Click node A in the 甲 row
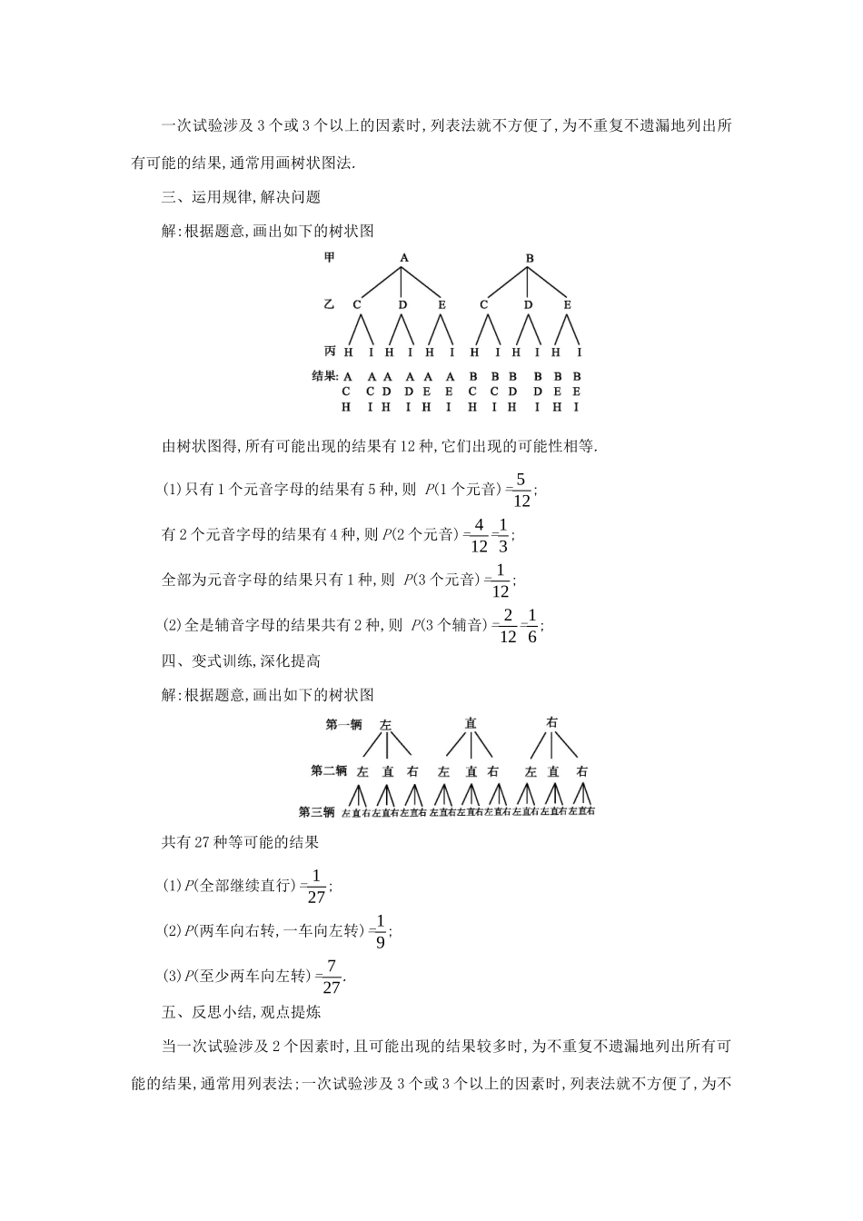tap(404, 258)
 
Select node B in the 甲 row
tap(530, 258)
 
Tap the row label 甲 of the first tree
tap(330, 258)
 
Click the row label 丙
tap(330, 351)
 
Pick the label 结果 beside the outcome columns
tap(324, 375)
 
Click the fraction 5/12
tap(521, 490)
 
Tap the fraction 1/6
tap(532, 625)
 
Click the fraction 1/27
tap(316, 886)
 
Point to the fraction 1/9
tap(381, 931)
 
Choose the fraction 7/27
tap(332, 977)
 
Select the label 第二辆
tap(329, 771)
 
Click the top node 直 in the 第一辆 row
tap(471, 724)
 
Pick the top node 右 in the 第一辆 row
tap(552, 723)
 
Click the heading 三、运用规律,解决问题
tap(241, 197)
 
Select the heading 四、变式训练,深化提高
tap(241, 661)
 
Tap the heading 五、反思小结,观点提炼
tap(241, 1011)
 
